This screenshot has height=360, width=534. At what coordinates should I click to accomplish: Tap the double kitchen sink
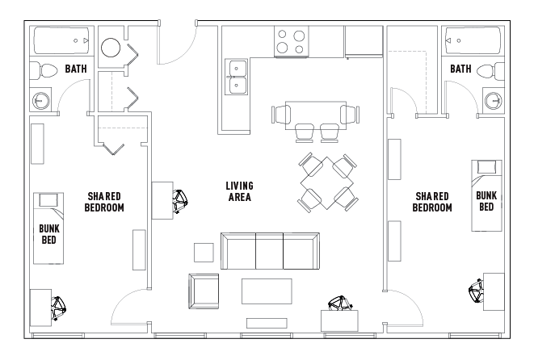pos(238,77)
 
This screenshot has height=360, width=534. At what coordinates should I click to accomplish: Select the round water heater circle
pos(111,49)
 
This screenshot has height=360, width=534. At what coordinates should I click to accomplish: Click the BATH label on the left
pos(76,70)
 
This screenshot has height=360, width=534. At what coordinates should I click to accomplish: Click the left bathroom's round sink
pos(41,101)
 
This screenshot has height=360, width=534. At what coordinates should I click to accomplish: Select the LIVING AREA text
pos(238,191)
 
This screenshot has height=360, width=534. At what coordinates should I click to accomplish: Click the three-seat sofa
pos(271,251)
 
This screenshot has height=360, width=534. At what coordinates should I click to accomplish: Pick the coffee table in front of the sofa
pos(267,291)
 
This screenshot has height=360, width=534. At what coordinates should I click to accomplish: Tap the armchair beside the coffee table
pos(203,290)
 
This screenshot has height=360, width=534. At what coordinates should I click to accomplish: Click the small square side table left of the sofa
pos(204,252)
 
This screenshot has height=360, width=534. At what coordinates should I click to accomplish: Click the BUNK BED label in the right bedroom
pos(486,201)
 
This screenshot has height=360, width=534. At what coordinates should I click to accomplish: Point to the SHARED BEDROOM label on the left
pos(104,202)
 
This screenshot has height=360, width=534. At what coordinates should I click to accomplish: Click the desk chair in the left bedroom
pos(59,308)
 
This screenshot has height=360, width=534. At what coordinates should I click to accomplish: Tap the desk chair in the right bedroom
pos(474,291)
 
